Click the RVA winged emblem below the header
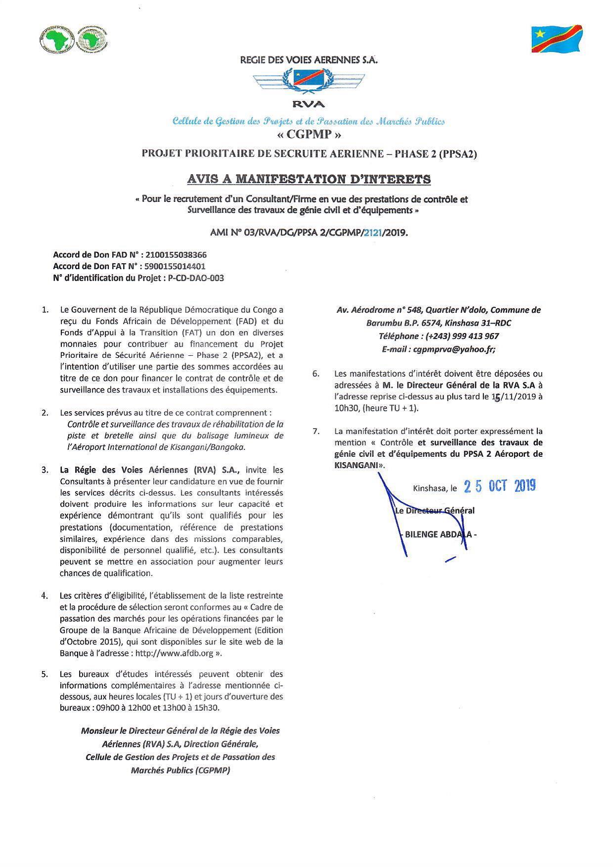point(308,82)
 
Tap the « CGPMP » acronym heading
point(308,135)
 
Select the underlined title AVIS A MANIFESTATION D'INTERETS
point(308,179)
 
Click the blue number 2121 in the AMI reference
point(373,234)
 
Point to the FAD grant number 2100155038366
point(176,255)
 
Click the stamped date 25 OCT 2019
point(500,486)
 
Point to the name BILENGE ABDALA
point(438,534)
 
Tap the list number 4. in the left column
point(45,596)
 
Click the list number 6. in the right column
point(316,374)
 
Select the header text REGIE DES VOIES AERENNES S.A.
point(308,60)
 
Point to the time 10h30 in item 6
point(346,408)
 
